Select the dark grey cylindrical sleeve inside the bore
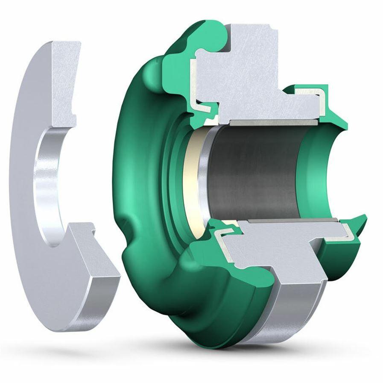pos(256,171)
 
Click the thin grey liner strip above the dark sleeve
pos(273,122)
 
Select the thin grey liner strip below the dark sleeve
pos(290,221)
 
